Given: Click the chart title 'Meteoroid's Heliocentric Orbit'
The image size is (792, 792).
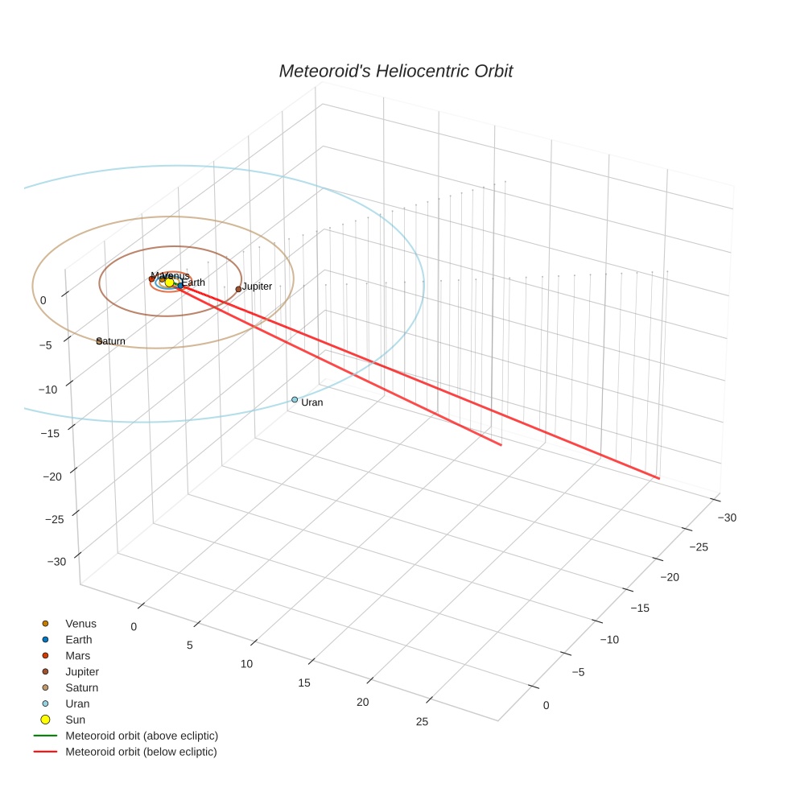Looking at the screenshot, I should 395,71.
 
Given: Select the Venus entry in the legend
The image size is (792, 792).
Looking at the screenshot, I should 80,624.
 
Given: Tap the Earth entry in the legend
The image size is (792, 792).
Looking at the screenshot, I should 79,640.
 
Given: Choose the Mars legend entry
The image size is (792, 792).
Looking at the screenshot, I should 77,656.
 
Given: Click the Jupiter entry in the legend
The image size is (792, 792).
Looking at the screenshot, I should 82,672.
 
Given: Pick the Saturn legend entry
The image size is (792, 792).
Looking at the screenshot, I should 81,688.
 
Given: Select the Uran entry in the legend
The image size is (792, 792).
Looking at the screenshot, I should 78,704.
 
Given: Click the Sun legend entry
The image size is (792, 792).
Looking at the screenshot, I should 75,720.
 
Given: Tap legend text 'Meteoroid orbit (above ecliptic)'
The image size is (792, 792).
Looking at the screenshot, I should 142,736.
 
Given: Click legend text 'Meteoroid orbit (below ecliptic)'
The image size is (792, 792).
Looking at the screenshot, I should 141,752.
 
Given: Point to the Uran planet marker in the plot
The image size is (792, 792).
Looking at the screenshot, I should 295,399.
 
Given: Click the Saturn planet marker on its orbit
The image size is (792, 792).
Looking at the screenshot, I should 99,341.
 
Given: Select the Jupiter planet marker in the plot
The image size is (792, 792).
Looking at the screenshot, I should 237,289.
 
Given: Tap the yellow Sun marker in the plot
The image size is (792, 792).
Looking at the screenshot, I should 169,282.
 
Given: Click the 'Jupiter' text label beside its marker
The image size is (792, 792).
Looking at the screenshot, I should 258,287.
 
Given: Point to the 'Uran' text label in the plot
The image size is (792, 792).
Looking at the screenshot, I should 312,402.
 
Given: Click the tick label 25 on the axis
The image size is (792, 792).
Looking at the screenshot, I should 422,721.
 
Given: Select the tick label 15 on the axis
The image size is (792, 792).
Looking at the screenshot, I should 304,683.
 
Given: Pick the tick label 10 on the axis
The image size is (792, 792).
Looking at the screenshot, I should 246,664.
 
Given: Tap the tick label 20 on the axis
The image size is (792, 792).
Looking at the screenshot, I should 363,702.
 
